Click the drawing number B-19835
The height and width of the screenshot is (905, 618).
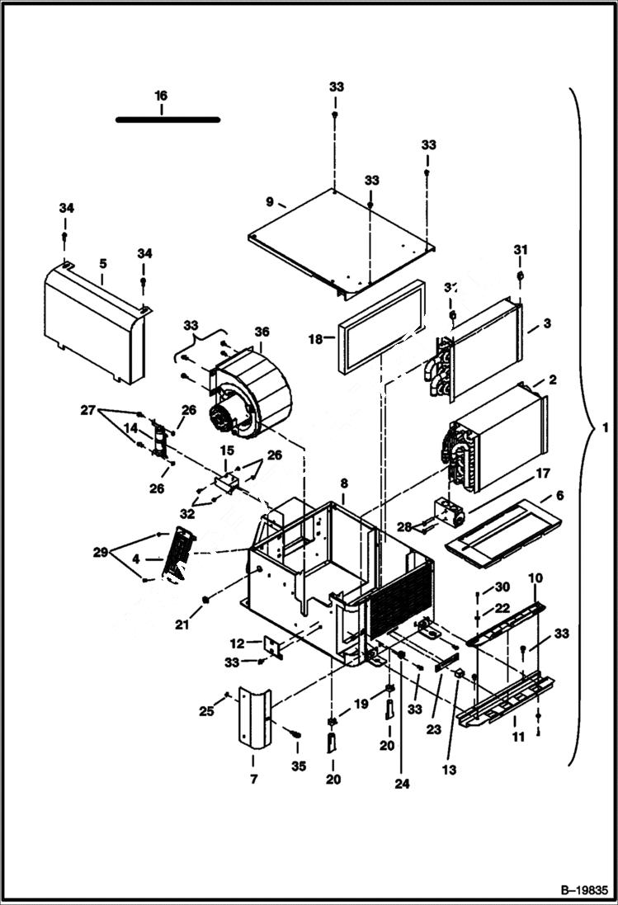click(583, 890)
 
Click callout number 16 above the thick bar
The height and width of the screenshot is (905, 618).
click(161, 97)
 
